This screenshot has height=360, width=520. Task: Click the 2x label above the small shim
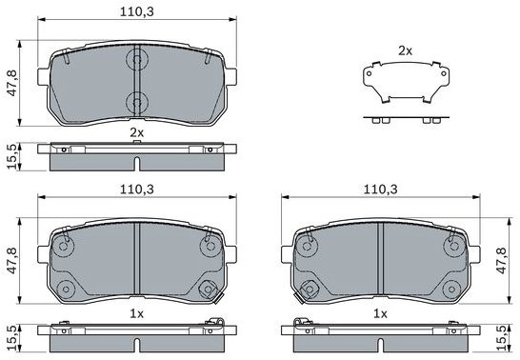(x=405, y=50)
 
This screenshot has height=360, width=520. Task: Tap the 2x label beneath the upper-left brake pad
(x=136, y=133)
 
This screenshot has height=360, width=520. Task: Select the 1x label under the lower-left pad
(x=136, y=313)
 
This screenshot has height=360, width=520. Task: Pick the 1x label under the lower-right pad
(x=380, y=313)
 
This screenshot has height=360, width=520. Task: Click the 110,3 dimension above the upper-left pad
(x=137, y=12)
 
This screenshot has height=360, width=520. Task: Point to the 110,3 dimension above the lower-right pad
(x=381, y=190)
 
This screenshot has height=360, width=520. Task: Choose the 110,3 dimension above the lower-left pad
(x=137, y=190)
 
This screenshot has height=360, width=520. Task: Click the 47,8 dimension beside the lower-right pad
(x=501, y=261)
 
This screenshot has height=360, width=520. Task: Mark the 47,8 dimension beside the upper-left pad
(x=12, y=83)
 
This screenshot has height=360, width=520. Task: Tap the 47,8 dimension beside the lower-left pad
(x=12, y=261)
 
